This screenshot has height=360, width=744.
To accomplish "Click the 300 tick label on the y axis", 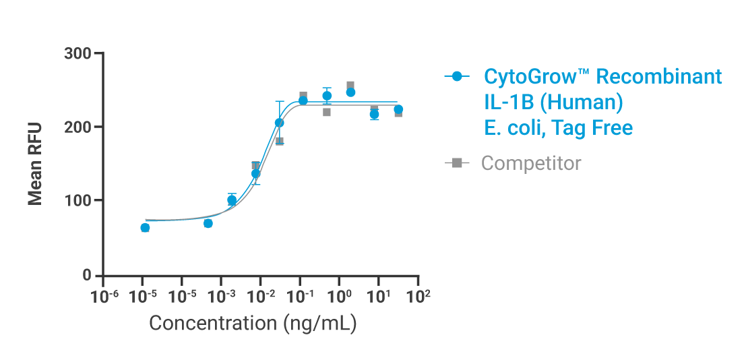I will [x=78, y=53].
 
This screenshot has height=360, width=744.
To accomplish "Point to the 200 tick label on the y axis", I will [x=78, y=127].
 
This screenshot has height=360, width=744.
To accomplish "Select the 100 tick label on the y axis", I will [x=78, y=201].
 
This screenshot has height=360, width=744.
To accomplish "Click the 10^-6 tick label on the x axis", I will [x=104, y=296].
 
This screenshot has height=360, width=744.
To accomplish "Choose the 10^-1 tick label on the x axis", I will [x=300, y=296].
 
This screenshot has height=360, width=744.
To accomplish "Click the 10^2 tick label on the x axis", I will [x=418, y=296].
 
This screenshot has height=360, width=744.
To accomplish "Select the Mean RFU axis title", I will [x=36, y=164].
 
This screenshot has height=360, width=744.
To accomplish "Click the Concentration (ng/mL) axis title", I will [x=253, y=323].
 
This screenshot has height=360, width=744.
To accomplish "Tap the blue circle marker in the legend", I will [x=458, y=77].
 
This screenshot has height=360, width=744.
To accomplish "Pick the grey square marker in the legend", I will [x=458, y=162].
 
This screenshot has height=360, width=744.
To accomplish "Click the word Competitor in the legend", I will [x=531, y=163].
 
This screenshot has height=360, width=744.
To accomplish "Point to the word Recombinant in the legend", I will [x=659, y=77].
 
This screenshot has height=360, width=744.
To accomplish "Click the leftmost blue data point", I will [x=145, y=228].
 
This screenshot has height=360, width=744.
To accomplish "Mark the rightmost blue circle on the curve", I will [x=398, y=109].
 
